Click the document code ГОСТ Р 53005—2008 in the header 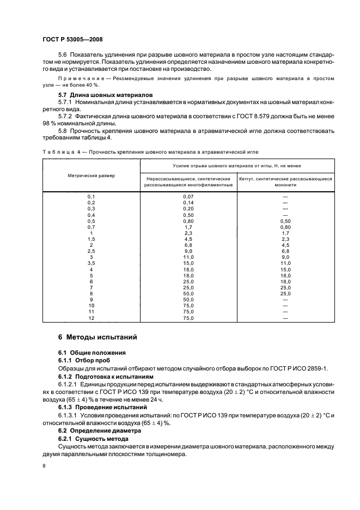point(72,39)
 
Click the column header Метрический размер point(91,175)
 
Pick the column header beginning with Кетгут point(285,181)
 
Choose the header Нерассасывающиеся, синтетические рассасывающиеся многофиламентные point(188,181)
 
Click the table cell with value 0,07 point(188,196)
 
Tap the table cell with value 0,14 point(188,202)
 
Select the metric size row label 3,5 point(91,263)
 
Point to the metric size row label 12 point(91,318)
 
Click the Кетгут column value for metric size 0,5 point(285,221)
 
